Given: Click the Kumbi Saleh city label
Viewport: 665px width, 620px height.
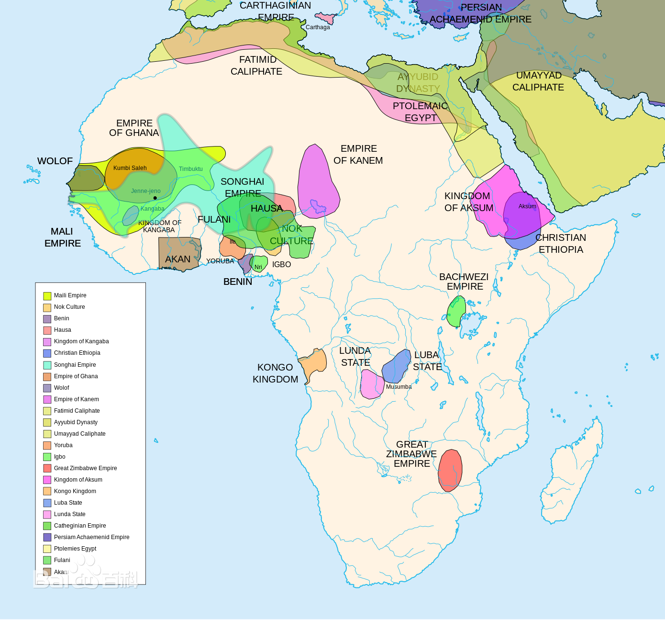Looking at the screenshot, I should point(130,168).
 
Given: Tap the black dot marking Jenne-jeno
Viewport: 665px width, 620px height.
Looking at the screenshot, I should point(155,198).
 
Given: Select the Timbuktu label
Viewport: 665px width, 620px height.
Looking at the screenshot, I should point(190,169).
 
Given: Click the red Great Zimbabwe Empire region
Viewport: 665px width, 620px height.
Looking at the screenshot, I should point(450,470).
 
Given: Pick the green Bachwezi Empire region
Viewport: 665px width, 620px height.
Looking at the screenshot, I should point(456,311).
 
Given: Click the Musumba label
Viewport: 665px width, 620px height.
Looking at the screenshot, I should point(399,387).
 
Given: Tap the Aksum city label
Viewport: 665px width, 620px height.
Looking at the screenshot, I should point(527,206).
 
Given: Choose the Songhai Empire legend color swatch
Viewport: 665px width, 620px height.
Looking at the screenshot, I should point(47,365).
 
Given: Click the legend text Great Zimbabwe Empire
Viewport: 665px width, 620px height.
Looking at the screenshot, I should point(85,468).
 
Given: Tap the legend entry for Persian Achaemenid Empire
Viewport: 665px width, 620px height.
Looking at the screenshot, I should point(91,537).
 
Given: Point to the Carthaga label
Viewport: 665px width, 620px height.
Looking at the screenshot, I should point(318,27).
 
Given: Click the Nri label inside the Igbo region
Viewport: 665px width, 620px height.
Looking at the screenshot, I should point(258,267).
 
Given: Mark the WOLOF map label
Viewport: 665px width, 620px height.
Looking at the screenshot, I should point(55,161).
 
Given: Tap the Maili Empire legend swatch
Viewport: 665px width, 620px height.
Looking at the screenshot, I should point(47,296).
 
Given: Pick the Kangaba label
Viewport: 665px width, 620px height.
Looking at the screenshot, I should point(152,209).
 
